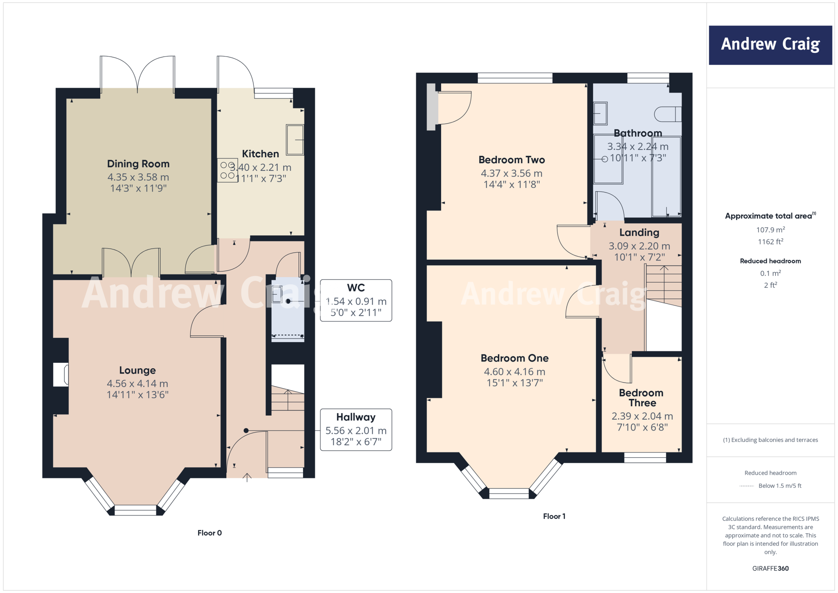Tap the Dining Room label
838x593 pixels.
[x=138, y=164]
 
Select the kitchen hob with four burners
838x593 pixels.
[x=228, y=170]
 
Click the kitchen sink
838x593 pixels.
[x=295, y=140]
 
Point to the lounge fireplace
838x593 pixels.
[x=61, y=374]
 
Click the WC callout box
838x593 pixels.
[x=356, y=301]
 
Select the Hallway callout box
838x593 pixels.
[x=356, y=430]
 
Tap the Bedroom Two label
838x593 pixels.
[x=511, y=160]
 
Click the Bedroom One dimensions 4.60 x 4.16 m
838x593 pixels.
[x=514, y=372]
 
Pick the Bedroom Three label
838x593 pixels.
[x=641, y=398]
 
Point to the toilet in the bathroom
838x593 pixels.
[x=667, y=114]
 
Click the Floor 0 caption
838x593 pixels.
[x=209, y=533]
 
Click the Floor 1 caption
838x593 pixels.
[x=554, y=516]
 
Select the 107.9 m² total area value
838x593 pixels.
[x=770, y=230]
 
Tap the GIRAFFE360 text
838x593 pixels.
[x=770, y=568]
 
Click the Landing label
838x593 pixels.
[x=639, y=233]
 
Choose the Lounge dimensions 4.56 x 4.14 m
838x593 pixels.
[x=137, y=384]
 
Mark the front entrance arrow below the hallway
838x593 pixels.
[x=247, y=477]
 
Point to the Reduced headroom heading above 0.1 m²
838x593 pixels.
[x=770, y=261]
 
